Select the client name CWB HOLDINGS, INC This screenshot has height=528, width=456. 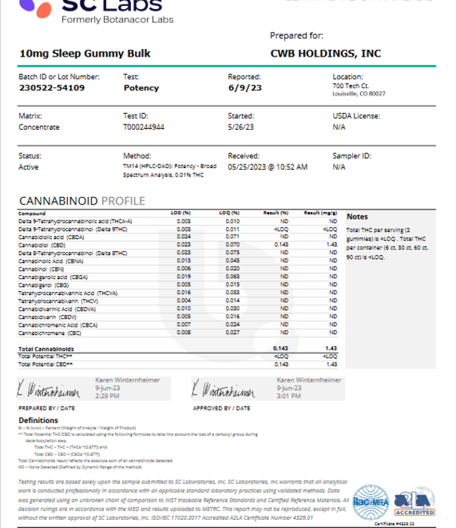coord(325,54)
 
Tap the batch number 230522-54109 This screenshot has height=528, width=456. coord(51,88)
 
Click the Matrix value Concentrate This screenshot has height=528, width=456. coord(39,127)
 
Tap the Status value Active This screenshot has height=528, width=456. coord(29,167)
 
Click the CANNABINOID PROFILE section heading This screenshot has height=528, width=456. coord(81,201)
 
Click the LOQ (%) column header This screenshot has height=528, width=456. coord(229,213)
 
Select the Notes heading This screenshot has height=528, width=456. coord(357,216)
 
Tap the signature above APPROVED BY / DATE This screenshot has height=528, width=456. coord(223,391)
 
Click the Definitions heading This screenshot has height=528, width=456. coord(38,420)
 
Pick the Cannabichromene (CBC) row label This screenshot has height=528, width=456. coord(50,332)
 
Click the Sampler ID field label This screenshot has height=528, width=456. coord(352,156)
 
